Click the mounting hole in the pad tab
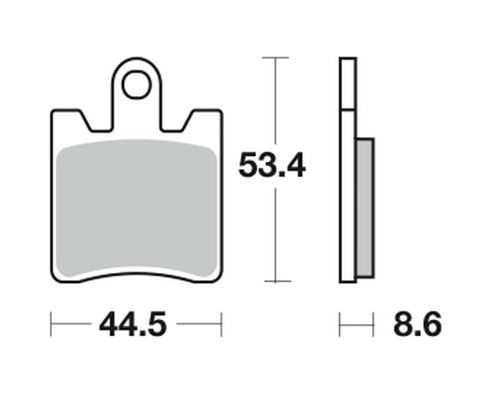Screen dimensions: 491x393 (x=137, y=85)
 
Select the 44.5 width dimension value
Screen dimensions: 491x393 (x=133, y=323)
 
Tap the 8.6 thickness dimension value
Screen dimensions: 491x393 (x=417, y=323)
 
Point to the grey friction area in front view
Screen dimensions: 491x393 (x=136, y=208)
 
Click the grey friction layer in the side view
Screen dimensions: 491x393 (x=365, y=208)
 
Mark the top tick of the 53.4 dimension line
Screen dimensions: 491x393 (x=275, y=58)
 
